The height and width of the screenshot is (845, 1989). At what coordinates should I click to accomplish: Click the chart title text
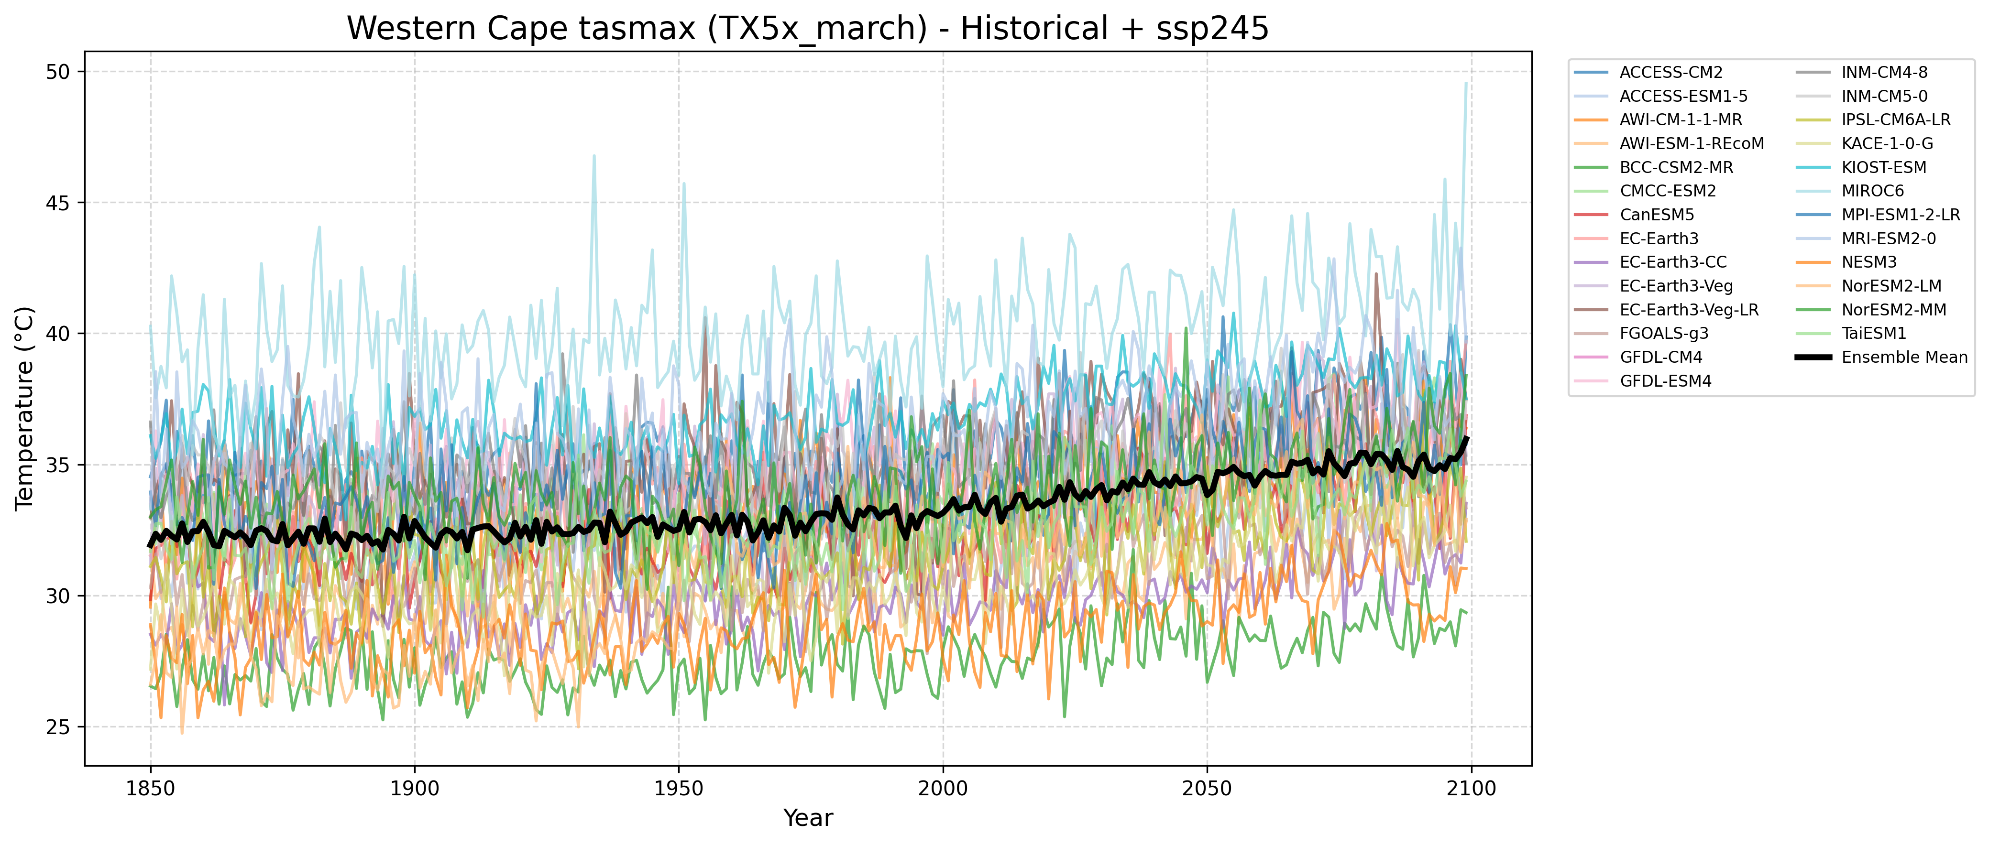(x=808, y=29)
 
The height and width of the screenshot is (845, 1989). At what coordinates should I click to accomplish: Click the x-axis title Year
(x=808, y=818)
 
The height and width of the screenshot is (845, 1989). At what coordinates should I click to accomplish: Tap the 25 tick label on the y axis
(x=58, y=727)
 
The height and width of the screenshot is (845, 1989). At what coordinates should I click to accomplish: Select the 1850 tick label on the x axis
(x=151, y=789)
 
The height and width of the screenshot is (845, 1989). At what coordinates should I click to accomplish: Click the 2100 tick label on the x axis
(x=1471, y=789)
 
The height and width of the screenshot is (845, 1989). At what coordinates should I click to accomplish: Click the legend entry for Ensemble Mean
(x=1904, y=357)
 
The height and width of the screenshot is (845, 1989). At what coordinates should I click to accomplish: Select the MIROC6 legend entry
(x=1872, y=191)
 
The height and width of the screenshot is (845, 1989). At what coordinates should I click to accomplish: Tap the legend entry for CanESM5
(x=1656, y=215)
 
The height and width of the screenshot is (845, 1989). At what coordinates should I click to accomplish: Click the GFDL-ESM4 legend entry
(x=1666, y=381)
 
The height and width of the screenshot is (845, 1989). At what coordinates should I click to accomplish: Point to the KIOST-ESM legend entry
(x=1883, y=167)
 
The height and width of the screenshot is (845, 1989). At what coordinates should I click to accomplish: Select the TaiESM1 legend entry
(x=1873, y=334)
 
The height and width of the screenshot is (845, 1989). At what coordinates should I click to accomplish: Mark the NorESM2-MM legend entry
(x=1893, y=309)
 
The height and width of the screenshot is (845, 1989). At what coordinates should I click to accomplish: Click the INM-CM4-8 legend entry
(x=1884, y=73)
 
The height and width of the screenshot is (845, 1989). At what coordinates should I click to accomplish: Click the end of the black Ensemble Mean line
(x=1467, y=437)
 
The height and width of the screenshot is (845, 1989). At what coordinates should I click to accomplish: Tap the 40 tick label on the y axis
(x=58, y=334)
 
